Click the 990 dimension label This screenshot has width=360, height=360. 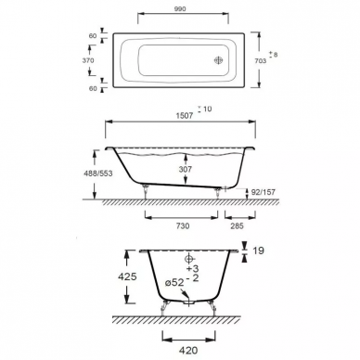[x=180, y=9]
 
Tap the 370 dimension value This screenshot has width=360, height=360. [x=88, y=60]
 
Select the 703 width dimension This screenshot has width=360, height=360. [x=260, y=61]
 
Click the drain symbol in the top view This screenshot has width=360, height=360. [x=218, y=60]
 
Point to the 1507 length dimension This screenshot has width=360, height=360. [x=185, y=116]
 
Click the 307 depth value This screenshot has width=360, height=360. [x=186, y=169]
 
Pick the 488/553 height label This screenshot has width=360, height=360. [x=98, y=174]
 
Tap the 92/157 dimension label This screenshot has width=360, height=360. [x=264, y=192]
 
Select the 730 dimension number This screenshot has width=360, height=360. [x=183, y=226]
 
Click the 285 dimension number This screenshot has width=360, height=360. [x=237, y=226]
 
